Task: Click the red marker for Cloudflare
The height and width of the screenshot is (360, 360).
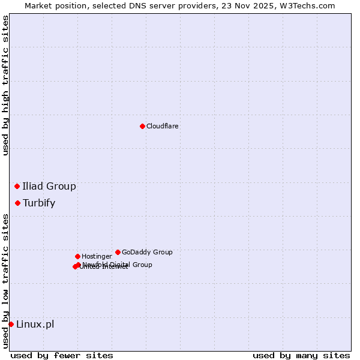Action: pyautogui.click(x=142, y=126)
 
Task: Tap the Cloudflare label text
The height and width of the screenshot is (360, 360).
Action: pyautogui.click(x=163, y=126)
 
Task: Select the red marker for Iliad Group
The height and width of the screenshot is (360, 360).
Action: pyautogui.click(x=17, y=186)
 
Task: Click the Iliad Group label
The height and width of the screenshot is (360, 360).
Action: pyautogui.click(x=49, y=186)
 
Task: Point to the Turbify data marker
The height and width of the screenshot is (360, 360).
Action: pyautogui.click(x=18, y=203)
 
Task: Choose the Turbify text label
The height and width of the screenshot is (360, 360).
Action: pyautogui.click(x=39, y=203)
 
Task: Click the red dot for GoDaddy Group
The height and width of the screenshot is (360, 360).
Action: pyautogui.click(x=118, y=252)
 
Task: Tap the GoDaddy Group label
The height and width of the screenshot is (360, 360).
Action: pyautogui.click(x=147, y=252)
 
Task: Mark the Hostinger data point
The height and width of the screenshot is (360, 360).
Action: pyautogui.click(x=77, y=256)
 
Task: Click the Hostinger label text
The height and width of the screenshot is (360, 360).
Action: pyautogui.click(x=97, y=256)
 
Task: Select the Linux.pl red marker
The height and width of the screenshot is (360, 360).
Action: pyautogui.click(x=11, y=324)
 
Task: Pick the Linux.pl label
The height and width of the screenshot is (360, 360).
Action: pyautogui.click(x=35, y=324)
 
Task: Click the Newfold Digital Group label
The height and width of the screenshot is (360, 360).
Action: pyautogui.click(x=118, y=265)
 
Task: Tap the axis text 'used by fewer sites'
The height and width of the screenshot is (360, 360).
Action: pyautogui.click(x=62, y=355)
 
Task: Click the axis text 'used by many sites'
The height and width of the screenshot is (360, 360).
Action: pyautogui.click(x=301, y=355)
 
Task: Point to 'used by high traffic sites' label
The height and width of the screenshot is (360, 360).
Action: pyautogui.click(x=5, y=85)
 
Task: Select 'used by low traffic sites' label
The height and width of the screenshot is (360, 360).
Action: pyautogui.click(x=5, y=280)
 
